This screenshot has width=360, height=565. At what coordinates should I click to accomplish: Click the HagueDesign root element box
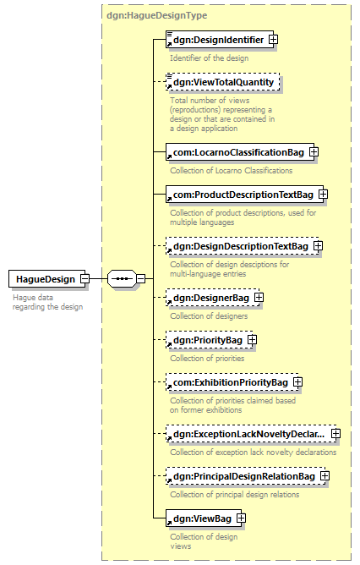[x=46, y=279]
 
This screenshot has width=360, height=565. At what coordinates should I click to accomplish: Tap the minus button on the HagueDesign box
[x=85, y=279]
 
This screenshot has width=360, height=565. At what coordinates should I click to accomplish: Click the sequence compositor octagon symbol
[x=122, y=279]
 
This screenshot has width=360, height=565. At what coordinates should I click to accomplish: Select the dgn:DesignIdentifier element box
[x=220, y=40]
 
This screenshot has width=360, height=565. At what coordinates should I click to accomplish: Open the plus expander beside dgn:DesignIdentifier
[x=274, y=39]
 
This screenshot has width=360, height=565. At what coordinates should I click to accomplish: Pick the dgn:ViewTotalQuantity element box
[x=222, y=82]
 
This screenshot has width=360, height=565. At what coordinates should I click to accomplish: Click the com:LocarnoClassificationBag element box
[x=240, y=152]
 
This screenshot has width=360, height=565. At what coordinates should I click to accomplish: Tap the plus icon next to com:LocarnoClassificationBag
[x=314, y=152]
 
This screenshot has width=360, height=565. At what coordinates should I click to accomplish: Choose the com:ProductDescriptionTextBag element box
[x=244, y=195]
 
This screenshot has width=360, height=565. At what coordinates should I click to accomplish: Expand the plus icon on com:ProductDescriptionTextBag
[x=324, y=195]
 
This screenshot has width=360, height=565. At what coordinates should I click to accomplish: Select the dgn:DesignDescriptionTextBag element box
[x=242, y=246]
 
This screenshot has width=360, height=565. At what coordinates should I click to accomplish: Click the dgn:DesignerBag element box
[x=212, y=298]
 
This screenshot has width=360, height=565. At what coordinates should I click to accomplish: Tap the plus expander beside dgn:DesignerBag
[x=259, y=297]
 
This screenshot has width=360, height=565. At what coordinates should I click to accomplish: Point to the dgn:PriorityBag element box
[x=210, y=340]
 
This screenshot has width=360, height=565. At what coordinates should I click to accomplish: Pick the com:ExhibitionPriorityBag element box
[x=232, y=382]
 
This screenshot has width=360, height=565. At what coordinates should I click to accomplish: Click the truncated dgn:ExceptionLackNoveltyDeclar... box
[x=251, y=434]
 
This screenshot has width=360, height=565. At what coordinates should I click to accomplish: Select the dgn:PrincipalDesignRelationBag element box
[x=246, y=476]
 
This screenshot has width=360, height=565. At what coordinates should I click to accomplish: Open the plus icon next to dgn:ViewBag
[x=241, y=518]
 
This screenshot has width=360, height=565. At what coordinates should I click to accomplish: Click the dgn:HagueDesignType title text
[x=157, y=15]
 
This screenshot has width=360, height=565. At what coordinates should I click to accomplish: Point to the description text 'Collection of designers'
[x=209, y=316]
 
